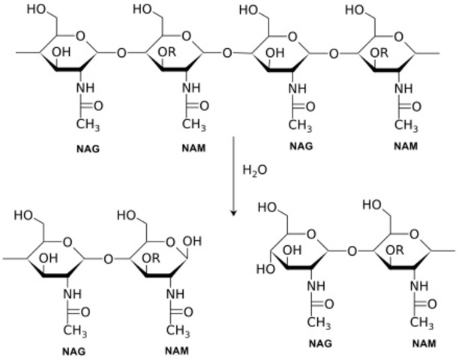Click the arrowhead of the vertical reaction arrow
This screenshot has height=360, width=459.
233,213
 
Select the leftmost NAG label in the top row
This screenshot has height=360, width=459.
88,148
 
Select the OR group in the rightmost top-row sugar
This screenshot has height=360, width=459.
381,53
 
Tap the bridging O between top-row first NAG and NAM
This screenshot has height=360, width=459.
123,53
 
